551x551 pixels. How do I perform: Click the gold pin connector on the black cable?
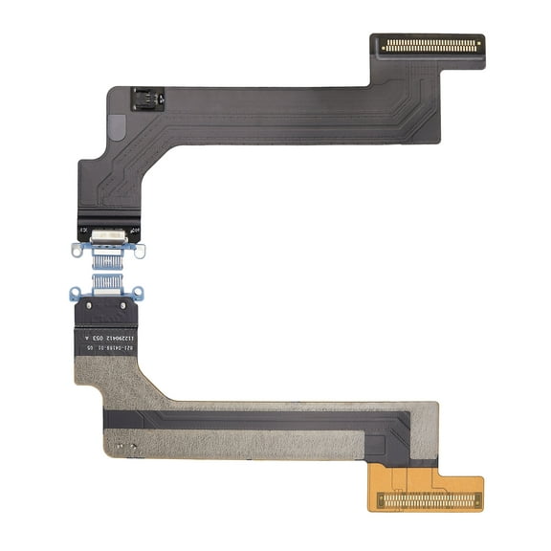428,44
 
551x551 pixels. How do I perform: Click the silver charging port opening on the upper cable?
106,234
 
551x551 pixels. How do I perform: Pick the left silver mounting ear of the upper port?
78,251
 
